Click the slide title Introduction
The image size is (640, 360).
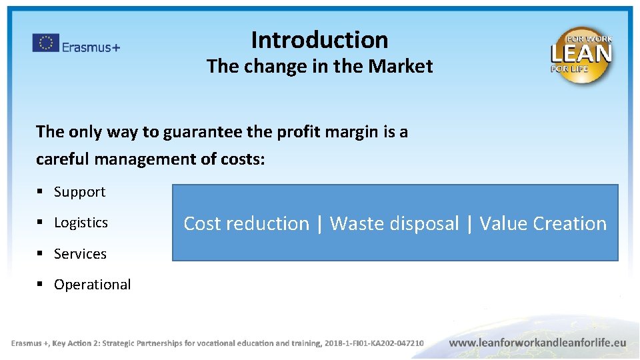[319, 40]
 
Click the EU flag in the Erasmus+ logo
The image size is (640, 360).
[45, 43]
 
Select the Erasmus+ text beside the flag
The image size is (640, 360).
[91, 47]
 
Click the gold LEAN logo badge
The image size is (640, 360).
[581, 55]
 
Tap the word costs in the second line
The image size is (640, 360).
[243, 160]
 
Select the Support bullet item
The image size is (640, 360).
[79, 192]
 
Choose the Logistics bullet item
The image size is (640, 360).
[81, 223]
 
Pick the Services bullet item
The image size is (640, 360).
[80, 254]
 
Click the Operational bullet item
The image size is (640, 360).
[92, 285]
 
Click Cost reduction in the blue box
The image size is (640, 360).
[246, 223]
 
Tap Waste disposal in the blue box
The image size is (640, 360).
[394, 223]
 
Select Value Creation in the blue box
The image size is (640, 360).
[543, 223]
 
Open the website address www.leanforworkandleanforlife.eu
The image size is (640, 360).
[537, 343]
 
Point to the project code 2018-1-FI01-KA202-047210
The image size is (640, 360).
[373, 343]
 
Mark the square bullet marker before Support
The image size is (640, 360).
[40, 192]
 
